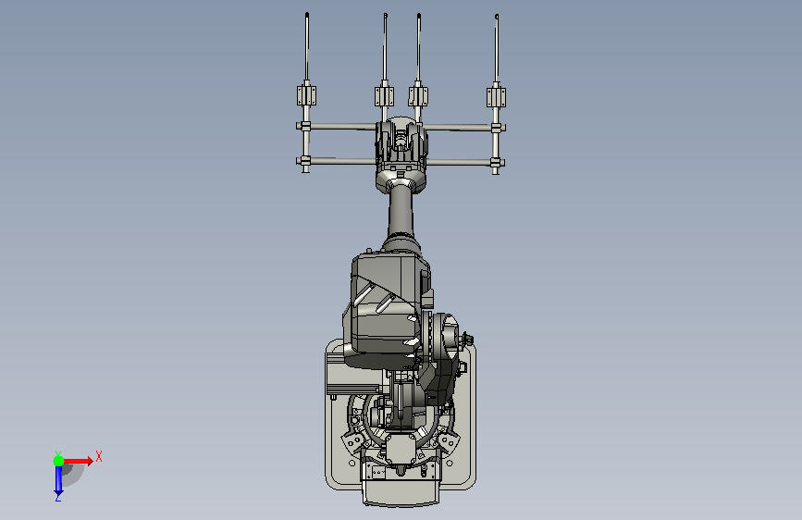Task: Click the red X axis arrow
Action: pos(78,461)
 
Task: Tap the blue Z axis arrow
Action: pos(58,480)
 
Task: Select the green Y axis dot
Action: pos(58,461)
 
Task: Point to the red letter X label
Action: pos(99,456)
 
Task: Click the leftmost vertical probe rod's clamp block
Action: pos(306,95)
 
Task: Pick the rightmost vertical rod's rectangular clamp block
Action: pos(496,97)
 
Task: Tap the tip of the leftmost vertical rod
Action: pos(307,13)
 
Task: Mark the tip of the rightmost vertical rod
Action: pos(497,16)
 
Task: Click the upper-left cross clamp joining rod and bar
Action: pos(306,126)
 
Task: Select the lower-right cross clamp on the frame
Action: pos(495,163)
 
